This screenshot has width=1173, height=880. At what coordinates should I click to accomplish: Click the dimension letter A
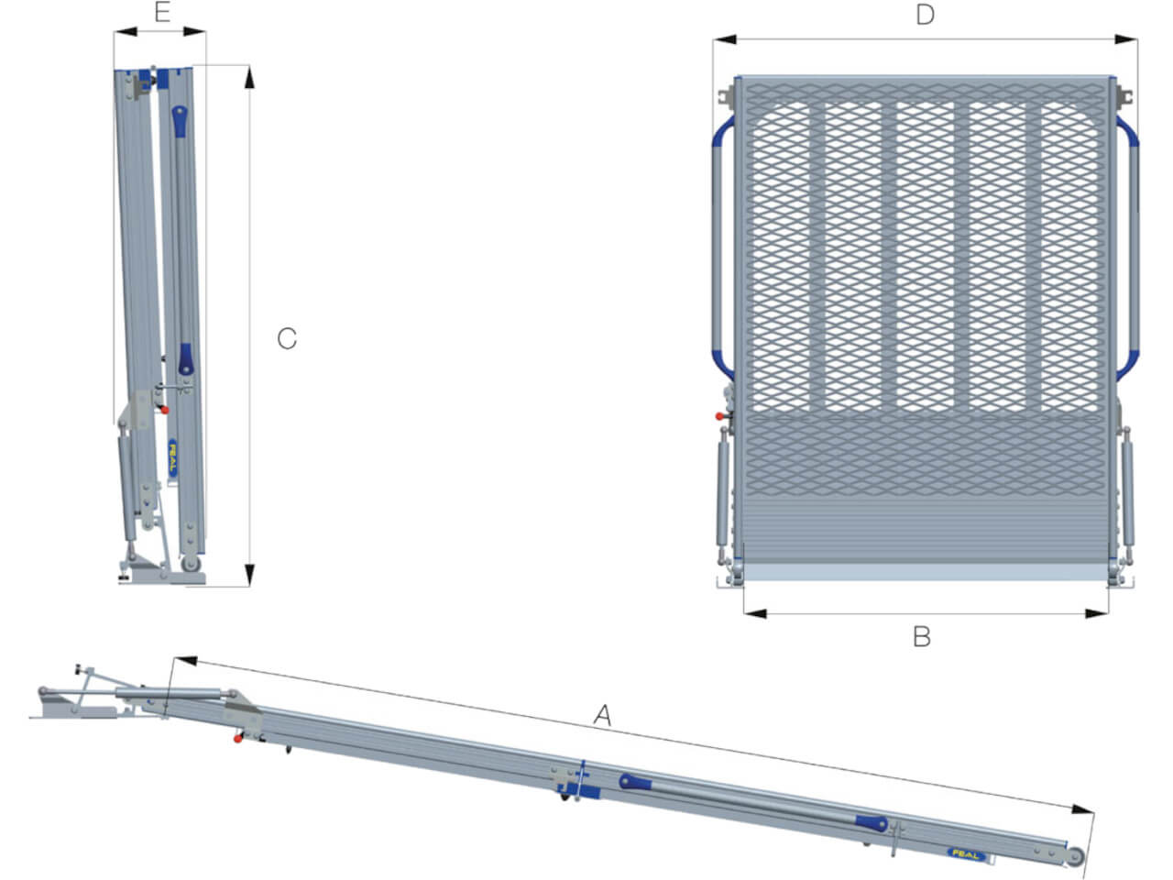click(x=603, y=715)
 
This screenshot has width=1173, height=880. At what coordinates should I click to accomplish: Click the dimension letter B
click(x=922, y=637)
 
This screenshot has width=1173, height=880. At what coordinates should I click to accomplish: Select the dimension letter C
click(x=287, y=338)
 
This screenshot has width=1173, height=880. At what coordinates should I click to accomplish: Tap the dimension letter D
click(x=925, y=15)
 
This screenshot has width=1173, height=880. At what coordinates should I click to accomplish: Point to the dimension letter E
click(x=162, y=12)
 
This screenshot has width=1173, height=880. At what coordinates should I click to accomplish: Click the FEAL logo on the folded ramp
click(x=172, y=458)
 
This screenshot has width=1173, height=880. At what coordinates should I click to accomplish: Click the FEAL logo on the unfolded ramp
click(x=967, y=854)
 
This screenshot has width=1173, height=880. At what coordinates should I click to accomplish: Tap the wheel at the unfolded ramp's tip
click(x=1075, y=857)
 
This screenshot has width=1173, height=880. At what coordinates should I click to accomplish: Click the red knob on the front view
click(x=719, y=416)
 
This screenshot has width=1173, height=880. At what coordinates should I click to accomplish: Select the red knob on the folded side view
click(x=165, y=411)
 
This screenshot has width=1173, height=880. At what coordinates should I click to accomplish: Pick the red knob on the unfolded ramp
click(x=237, y=739)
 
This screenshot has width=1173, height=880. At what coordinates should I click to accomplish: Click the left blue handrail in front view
click(x=718, y=246)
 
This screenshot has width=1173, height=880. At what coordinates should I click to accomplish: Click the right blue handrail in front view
click(x=1129, y=247)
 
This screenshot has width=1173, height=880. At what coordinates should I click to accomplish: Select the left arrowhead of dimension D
click(x=725, y=39)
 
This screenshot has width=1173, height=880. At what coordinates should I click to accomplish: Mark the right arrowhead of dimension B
click(x=1097, y=613)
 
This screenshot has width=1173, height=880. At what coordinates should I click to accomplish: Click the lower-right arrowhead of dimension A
click(x=1082, y=810)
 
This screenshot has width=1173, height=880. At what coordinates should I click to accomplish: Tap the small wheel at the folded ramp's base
click(x=191, y=564)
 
